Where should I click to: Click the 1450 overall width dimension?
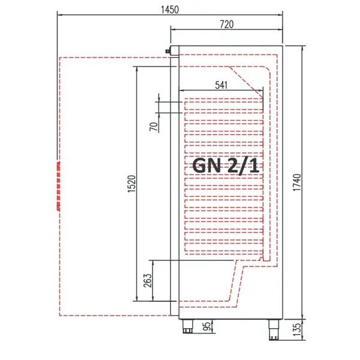(170, 9)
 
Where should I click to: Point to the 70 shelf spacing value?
(154, 126)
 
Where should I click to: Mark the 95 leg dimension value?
(207, 326)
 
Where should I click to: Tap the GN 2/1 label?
(226, 165)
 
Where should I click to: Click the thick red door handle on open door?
(58, 185)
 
